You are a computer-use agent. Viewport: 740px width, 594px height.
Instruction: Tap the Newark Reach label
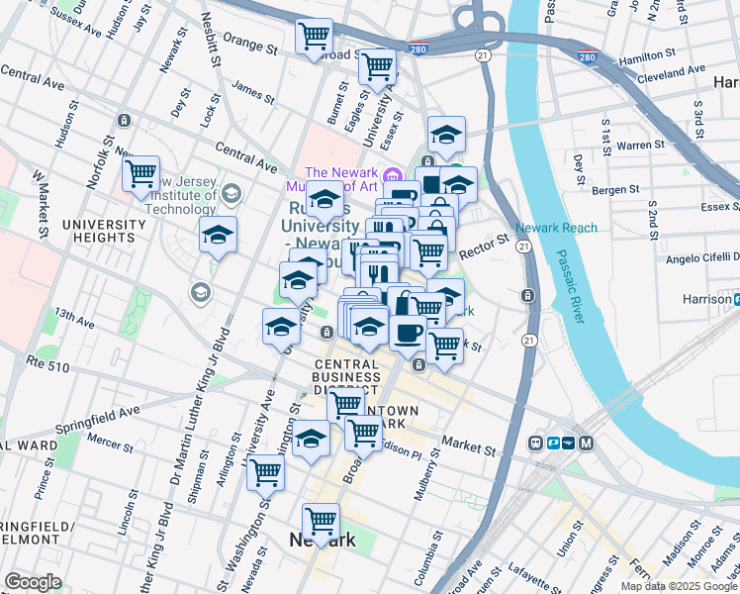tap(557, 228)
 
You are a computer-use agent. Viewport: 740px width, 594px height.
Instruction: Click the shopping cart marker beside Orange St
tap(314, 37)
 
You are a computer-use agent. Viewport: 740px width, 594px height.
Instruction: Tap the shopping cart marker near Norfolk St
tap(141, 174)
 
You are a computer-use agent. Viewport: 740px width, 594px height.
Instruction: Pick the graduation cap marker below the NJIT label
tap(218, 236)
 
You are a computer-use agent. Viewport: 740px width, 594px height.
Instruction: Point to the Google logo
tap(33, 582)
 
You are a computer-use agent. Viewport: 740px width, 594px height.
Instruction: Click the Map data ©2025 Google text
tap(679, 586)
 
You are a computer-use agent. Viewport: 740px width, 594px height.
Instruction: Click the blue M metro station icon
tap(586, 443)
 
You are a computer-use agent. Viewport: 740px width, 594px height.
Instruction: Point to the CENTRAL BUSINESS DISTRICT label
tap(346, 376)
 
